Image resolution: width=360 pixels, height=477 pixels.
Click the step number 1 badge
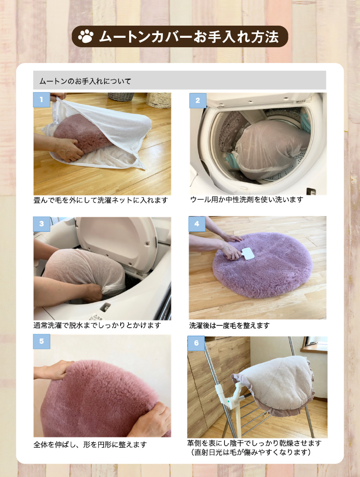click(41, 100)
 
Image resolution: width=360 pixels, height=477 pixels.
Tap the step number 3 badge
click(41, 224)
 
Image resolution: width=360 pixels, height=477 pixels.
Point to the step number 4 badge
click(197, 224)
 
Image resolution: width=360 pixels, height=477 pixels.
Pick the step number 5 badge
click(41, 342)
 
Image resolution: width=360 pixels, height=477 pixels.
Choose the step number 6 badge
click(196, 343)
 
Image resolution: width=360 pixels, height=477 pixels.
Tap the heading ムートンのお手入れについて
click(85, 81)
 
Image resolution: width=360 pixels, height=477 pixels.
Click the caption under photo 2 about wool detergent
click(247, 199)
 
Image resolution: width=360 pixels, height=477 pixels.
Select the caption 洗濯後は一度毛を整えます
click(229, 325)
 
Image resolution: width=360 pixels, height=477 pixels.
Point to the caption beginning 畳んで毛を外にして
click(101, 200)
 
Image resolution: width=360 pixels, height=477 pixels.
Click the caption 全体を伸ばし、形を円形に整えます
click(90, 445)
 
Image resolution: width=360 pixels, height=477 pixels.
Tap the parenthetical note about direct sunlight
click(250, 452)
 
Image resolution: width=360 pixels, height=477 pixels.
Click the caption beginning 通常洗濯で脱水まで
click(97, 324)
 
